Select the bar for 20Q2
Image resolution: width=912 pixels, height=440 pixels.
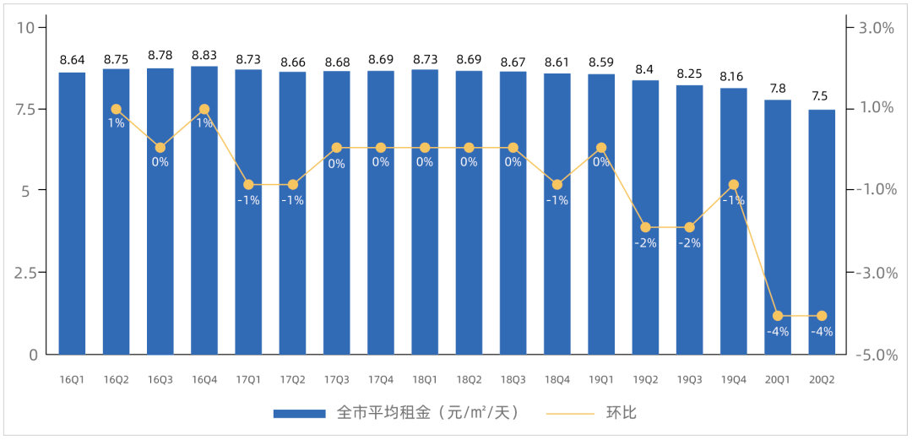pos(822,232)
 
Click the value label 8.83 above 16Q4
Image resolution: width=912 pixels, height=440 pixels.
pos(204,56)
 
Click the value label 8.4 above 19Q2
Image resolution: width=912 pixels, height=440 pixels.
pos(645,69)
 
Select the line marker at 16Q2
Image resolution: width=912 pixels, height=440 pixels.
pos(116,109)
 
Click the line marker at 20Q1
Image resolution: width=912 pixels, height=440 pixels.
pos(778,316)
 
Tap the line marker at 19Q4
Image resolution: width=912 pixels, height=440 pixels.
pos(734,184)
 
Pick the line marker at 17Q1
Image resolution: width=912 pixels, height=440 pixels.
pos(248,184)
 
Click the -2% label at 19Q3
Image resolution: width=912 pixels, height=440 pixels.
pos(690,243)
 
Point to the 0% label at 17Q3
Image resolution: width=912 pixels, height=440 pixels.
pos(336,164)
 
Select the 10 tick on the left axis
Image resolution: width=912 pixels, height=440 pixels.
pos(28,27)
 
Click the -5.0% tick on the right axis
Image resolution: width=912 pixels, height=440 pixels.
pos(875,355)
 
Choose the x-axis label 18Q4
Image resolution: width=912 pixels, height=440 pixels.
pos(557,380)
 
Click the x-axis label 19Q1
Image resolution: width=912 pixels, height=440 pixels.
pos(601,380)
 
